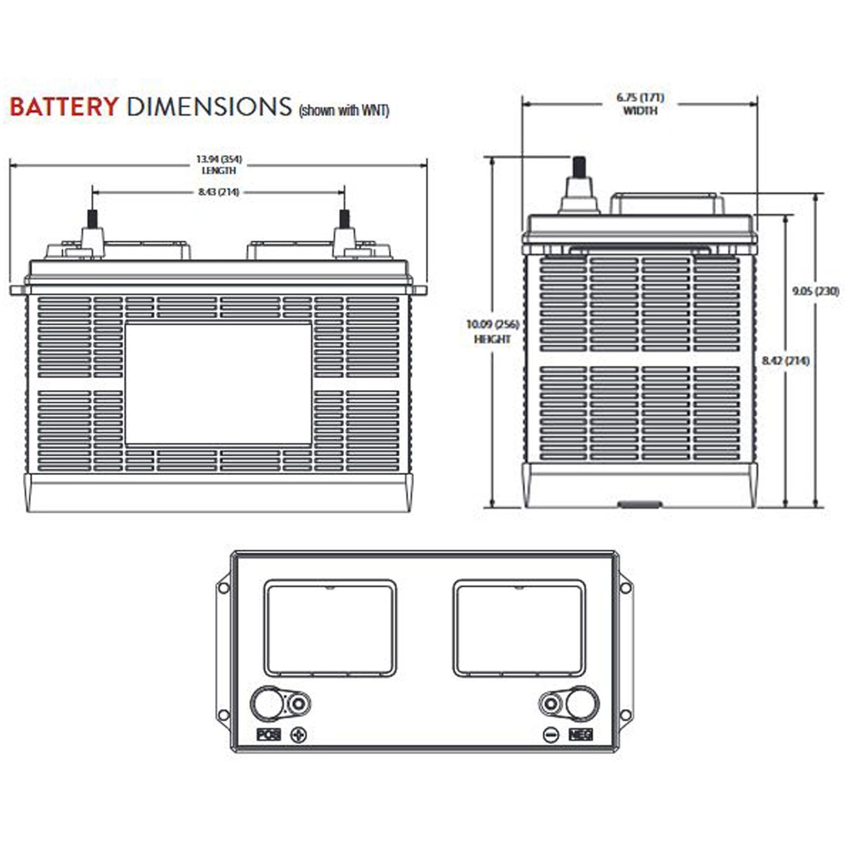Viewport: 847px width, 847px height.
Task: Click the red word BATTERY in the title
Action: click(64, 107)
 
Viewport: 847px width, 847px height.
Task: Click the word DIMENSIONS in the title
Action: click(209, 107)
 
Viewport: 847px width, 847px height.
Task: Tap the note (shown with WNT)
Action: click(343, 110)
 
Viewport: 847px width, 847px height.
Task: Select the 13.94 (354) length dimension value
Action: click(219, 160)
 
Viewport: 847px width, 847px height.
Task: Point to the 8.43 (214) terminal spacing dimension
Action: click(219, 192)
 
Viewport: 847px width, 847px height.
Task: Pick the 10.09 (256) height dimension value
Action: click(492, 324)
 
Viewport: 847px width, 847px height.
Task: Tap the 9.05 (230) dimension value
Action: click(815, 291)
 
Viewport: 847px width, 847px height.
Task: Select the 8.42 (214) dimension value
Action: click(785, 360)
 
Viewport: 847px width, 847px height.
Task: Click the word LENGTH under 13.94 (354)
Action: click(219, 171)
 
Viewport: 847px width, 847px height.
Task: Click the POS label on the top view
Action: click(268, 735)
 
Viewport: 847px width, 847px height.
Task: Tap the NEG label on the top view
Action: click(580, 735)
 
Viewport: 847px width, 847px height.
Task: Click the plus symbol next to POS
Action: click(298, 735)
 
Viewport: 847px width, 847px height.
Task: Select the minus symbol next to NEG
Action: click(551, 735)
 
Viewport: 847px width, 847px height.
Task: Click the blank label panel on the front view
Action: click(218, 384)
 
